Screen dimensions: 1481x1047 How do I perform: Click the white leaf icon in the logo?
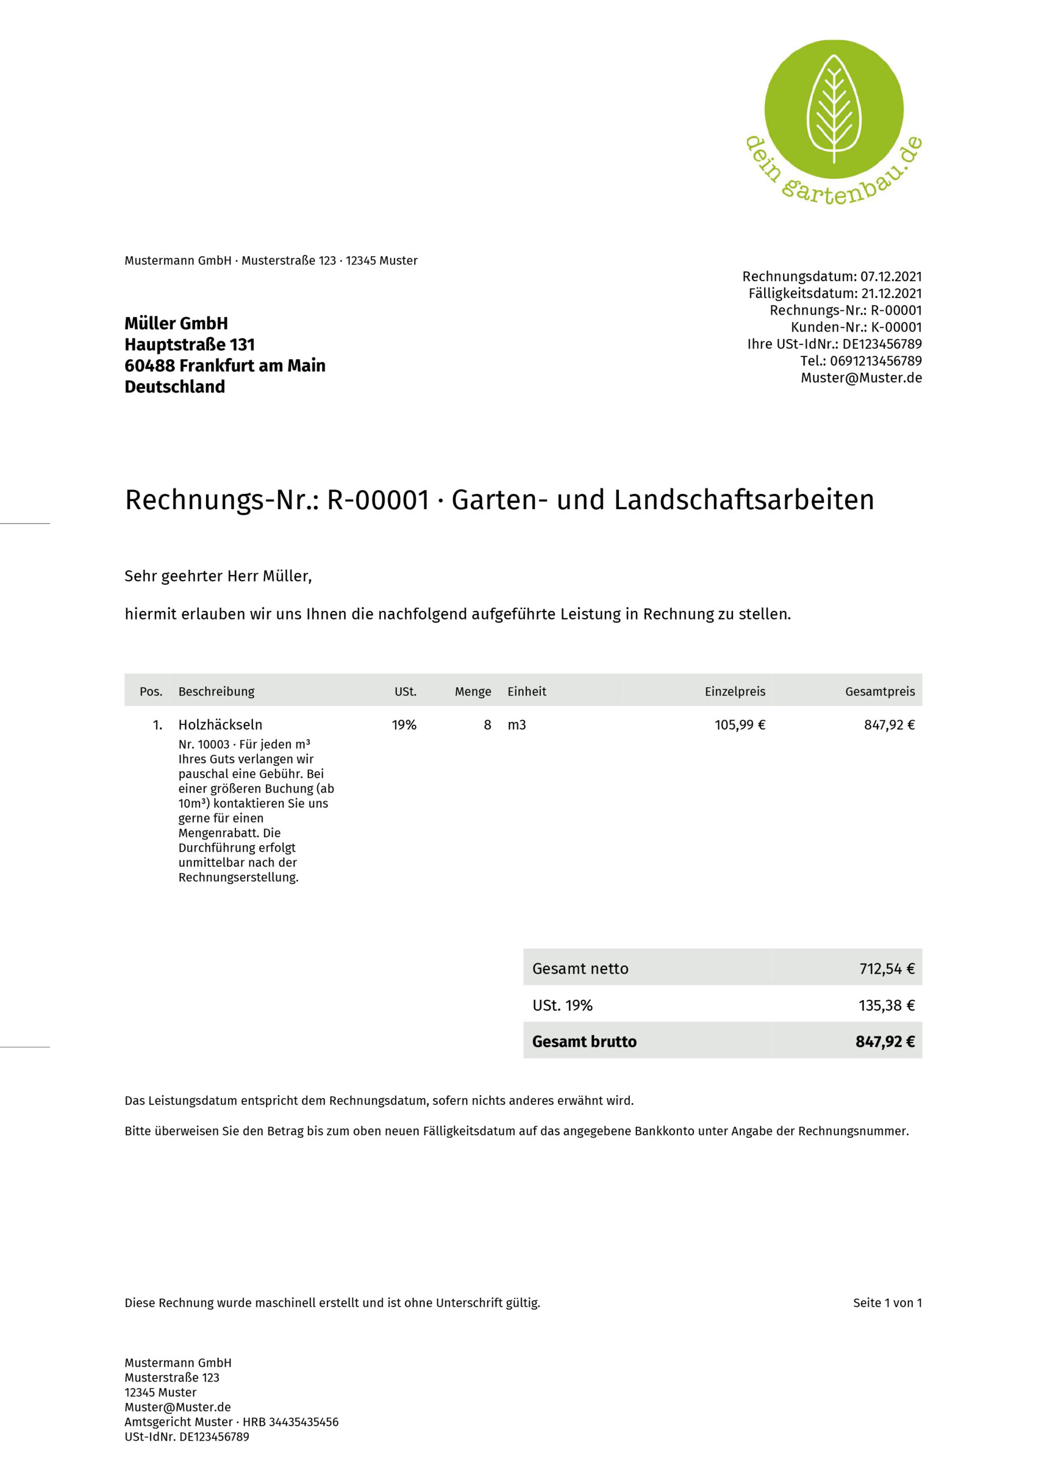[x=834, y=108]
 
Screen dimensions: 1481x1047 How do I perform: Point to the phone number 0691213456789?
[x=875, y=360]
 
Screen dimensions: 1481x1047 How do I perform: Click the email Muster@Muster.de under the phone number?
[x=861, y=378]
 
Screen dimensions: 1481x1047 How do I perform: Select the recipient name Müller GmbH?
[x=176, y=323]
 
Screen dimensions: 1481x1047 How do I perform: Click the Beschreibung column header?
[x=216, y=691]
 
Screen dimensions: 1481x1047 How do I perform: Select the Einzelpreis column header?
[x=734, y=691]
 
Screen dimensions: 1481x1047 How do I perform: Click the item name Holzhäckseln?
[x=220, y=725]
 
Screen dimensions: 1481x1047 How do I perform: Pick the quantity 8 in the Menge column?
[x=487, y=725]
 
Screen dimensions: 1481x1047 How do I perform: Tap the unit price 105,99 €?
[x=739, y=725]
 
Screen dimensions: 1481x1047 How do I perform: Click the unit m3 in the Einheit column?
[x=517, y=725]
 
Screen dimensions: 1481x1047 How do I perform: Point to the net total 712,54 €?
[x=886, y=969]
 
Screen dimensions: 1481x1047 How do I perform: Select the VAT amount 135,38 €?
[x=886, y=1005]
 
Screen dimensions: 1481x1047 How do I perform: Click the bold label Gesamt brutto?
[x=584, y=1042]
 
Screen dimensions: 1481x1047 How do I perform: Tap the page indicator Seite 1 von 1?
[x=887, y=1303]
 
